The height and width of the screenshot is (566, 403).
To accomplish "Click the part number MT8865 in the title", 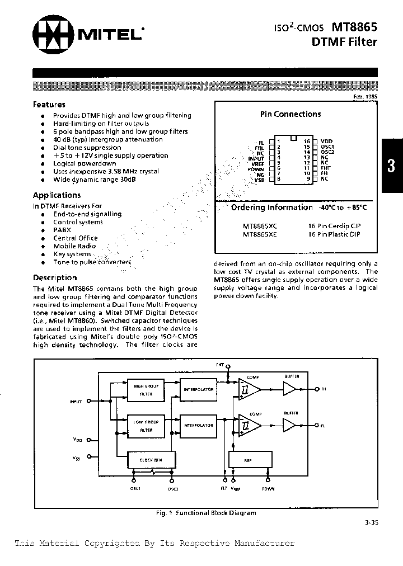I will click(x=355, y=27).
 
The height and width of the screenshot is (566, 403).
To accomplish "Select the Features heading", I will click(x=49, y=105).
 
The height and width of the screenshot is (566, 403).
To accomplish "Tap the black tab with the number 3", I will click(x=392, y=166).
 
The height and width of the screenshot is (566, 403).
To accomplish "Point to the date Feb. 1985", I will click(x=364, y=97).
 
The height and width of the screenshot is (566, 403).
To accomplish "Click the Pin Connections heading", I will click(x=290, y=114).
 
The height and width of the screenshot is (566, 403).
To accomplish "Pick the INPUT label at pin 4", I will click(x=256, y=158).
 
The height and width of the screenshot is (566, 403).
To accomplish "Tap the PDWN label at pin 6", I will click(x=256, y=168).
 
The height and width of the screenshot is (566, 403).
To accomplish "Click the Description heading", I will click(x=55, y=278).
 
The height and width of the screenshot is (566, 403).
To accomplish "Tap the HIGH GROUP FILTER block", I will click(x=146, y=390).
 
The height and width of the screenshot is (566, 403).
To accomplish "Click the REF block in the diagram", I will click(x=248, y=460).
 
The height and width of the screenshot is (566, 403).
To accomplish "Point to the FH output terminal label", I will click(x=324, y=389).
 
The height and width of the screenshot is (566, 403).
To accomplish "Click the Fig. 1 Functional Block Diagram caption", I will click(x=205, y=513).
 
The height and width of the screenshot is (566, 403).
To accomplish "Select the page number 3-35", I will click(x=370, y=523).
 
